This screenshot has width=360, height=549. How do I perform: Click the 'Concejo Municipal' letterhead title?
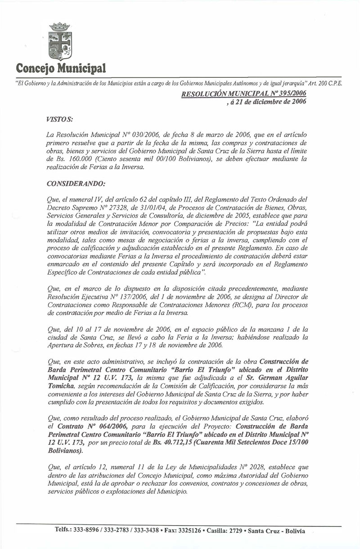61,68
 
